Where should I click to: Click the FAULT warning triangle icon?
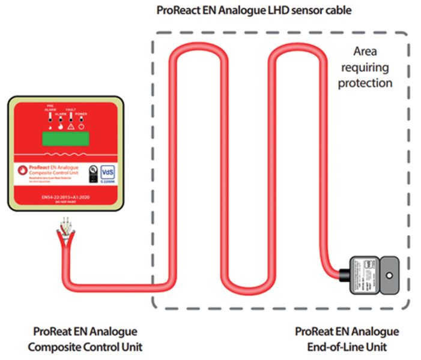point(71,127)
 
